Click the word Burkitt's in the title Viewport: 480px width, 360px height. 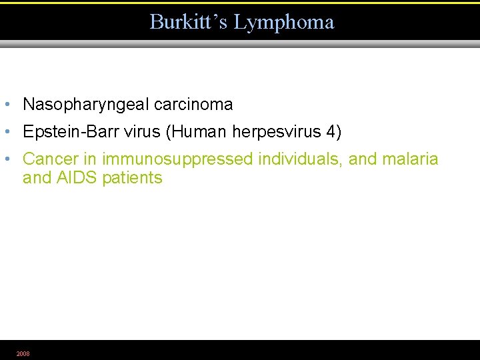pos(188,22)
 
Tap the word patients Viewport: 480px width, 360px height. pos(132,178)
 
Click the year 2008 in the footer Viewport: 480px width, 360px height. pos(23,353)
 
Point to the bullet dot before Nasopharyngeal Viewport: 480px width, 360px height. pos(6,105)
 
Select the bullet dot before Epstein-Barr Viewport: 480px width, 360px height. pos(6,132)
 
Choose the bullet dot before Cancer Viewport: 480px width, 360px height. pos(6,159)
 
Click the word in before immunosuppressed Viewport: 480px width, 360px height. pos(90,159)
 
